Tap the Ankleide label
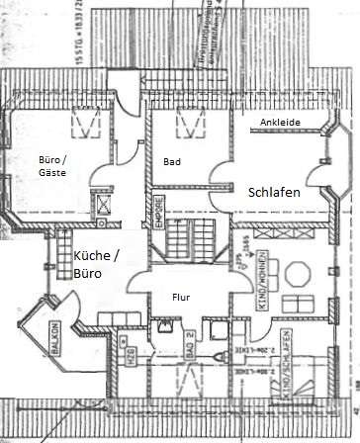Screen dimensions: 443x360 (x=280, y=122)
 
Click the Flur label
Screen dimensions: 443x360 (x=181, y=296)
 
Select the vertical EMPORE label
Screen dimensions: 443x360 (x=158, y=219)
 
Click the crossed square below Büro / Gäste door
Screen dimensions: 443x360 (x=103, y=206)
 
